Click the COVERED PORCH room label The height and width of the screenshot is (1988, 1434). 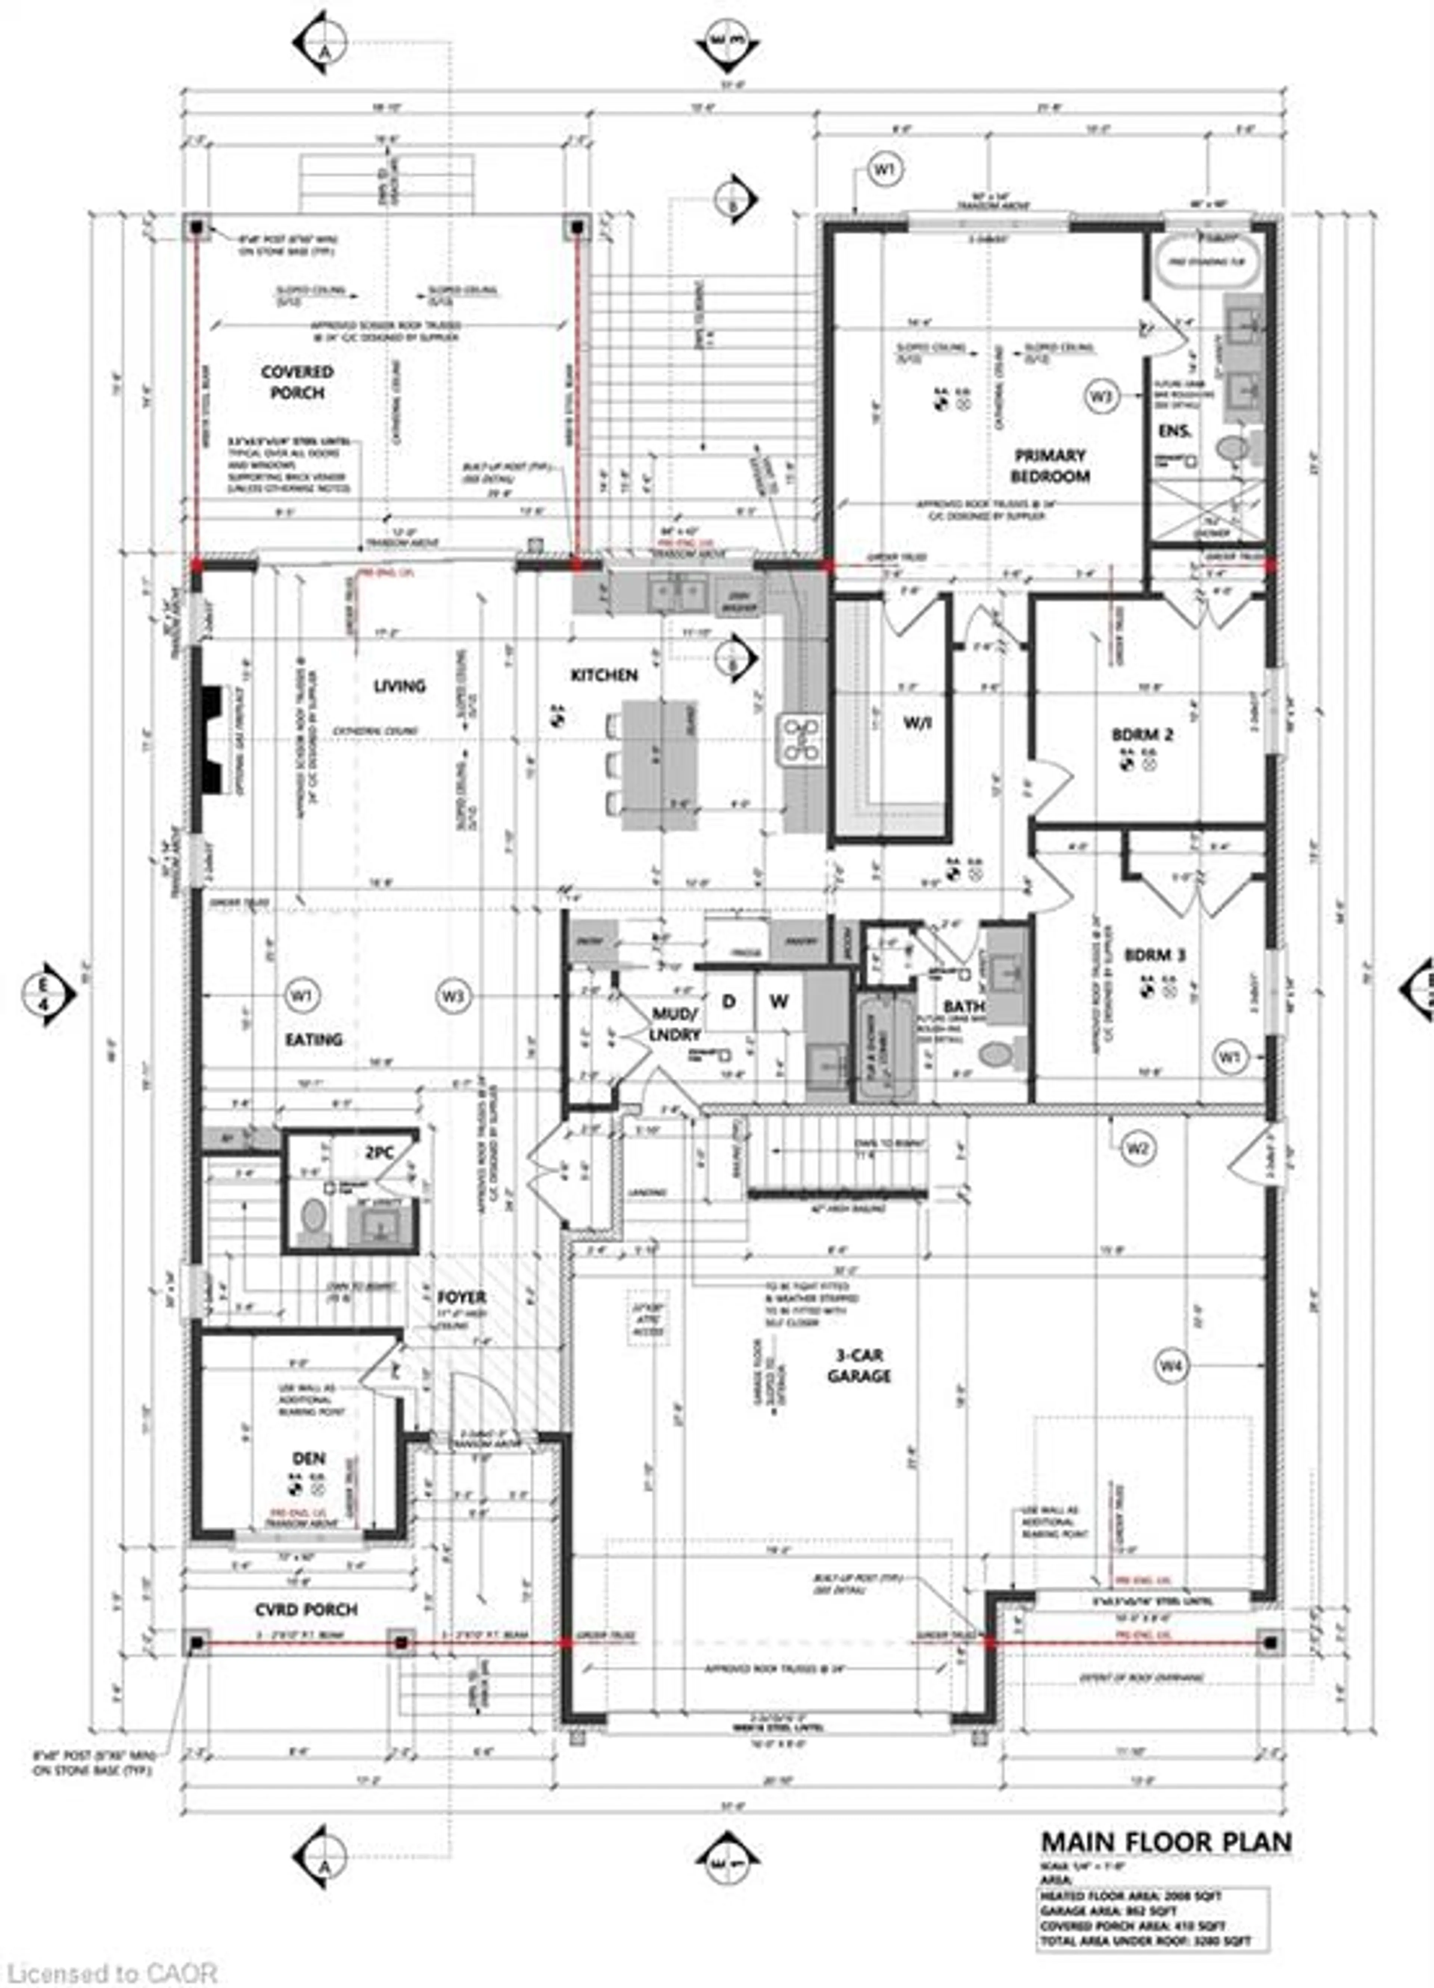point(297,382)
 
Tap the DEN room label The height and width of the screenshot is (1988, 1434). point(308,1458)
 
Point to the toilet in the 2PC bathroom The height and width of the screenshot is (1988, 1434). point(312,1218)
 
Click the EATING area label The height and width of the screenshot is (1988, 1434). point(314,1040)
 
